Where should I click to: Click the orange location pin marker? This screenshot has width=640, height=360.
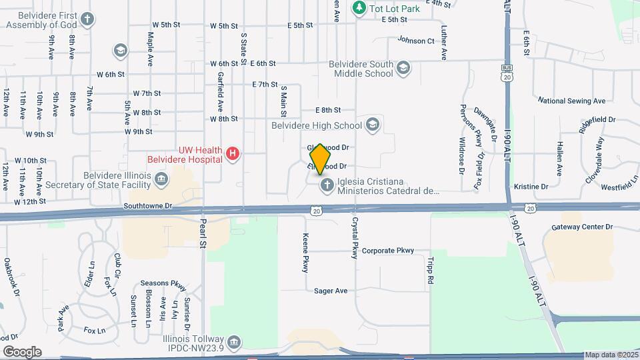[321, 159]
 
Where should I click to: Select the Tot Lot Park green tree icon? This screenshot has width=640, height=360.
[359, 8]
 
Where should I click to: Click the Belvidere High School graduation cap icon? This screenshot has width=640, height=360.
[373, 125]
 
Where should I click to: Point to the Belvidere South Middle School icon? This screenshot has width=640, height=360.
[403, 67]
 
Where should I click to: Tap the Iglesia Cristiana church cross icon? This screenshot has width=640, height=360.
[326, 185]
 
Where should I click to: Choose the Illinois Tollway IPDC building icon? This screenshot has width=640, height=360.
[233, 343]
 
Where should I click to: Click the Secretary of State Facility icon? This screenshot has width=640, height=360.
[161, 179]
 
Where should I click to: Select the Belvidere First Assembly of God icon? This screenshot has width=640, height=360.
[87, 19]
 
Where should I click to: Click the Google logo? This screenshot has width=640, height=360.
[22, 351]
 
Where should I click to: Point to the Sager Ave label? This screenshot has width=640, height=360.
[331, 291]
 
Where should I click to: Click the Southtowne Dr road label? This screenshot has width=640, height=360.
[148, 207]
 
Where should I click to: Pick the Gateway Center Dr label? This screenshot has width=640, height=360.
[581, 227]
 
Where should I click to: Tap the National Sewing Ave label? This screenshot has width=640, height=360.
[571, 101]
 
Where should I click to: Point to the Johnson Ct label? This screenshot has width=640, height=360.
[416, 40]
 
